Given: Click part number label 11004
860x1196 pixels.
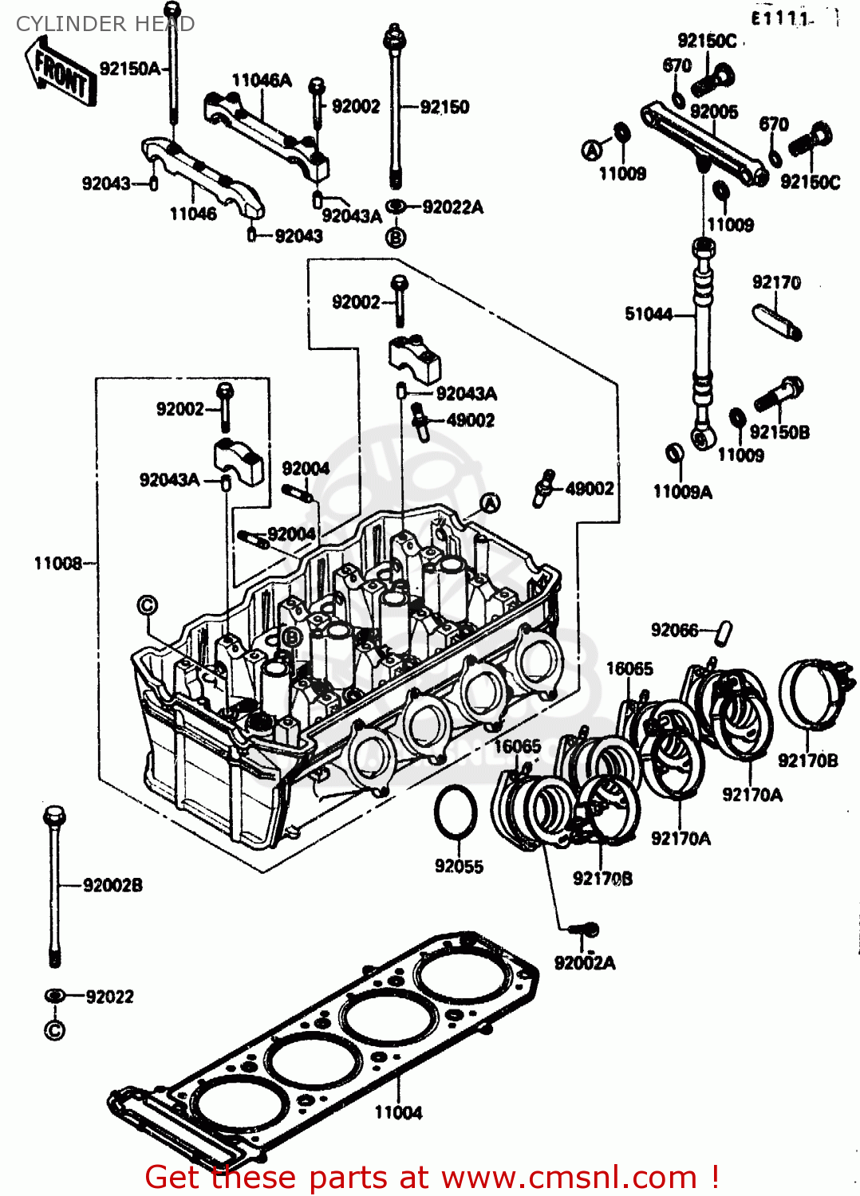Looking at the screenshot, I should coord(398,1112).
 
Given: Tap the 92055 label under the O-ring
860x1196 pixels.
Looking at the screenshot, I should coord(459,866).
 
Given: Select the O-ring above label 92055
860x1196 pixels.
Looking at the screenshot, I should coord(456,812).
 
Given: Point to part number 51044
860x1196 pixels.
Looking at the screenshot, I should coord(648,314).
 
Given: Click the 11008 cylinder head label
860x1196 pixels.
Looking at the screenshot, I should coord(57,564).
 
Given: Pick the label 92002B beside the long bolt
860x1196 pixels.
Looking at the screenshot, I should coord(112,885).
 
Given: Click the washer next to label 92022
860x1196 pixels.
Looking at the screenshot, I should coord(54,996).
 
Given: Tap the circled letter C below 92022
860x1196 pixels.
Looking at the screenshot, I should coord(54,1030).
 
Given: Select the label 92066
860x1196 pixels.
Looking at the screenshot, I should coord(674,630).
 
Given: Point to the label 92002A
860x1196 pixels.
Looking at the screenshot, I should coord(585,963).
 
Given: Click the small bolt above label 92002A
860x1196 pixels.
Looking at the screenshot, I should coord(586,930).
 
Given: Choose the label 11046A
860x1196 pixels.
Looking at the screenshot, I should coord(262,80).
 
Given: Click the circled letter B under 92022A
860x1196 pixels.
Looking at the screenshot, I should coord(396,237).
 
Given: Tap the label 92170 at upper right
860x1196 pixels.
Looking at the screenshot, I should coord(776,282).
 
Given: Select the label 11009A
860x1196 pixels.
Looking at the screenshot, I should coord(682,492).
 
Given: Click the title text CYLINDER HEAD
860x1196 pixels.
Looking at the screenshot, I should coord(105,24).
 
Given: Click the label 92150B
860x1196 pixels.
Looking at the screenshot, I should coord(779,432).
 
